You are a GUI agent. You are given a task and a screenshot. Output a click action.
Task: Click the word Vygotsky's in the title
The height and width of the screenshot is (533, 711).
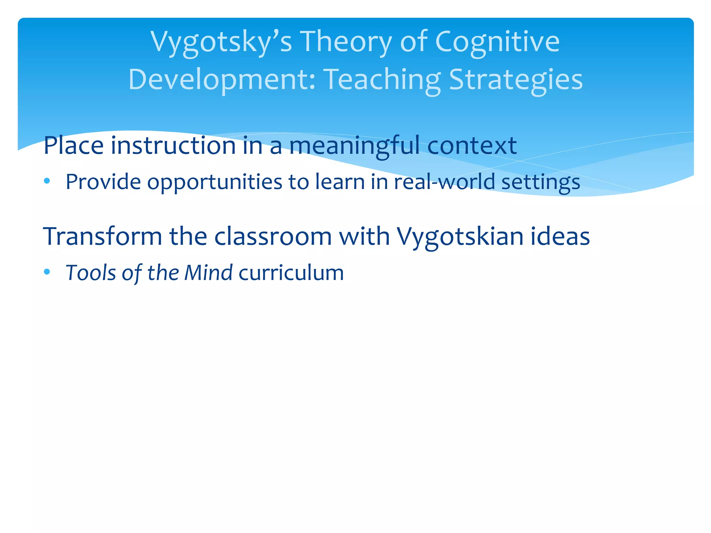point(221,42)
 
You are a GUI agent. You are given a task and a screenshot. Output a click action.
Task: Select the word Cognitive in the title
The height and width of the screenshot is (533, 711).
point(497,42)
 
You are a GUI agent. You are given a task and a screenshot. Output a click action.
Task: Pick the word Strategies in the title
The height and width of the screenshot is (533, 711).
point(516,80)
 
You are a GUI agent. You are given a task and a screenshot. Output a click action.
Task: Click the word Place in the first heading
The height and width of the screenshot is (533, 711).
point(73,145)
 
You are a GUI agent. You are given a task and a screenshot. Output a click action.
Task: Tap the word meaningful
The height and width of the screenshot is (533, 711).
point(354,145)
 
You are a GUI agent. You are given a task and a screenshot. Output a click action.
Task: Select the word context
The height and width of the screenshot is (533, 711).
point(472,145)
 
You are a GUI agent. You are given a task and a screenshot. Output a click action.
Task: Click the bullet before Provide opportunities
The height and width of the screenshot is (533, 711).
point(47,181)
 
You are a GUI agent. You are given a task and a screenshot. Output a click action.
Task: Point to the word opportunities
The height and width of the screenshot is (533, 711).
point(215,182)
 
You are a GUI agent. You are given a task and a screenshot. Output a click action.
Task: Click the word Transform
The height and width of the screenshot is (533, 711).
point(102,236)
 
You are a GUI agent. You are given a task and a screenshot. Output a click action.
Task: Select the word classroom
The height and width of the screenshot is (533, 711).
point(273,236)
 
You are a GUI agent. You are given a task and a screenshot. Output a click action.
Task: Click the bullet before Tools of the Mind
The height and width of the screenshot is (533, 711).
point(47,272)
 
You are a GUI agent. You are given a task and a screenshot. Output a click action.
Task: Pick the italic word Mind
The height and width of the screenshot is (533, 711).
point(208,272)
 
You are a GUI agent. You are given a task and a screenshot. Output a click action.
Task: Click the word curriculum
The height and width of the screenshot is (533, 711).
point(291,272)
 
